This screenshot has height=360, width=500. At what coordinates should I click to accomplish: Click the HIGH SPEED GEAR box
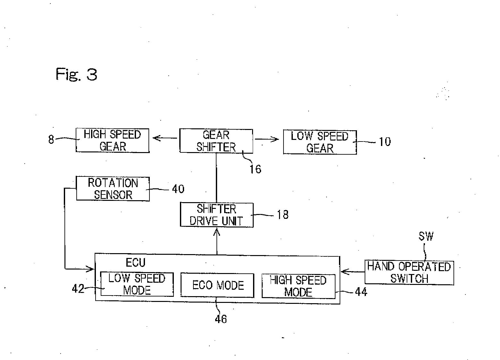pyautogui.click(x=113, y=140)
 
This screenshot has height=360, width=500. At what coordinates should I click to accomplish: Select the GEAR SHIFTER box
pyautogui.click(x=216, y=141)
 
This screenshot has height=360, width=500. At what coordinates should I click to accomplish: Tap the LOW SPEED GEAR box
pyautogui.click(x=320, y=142)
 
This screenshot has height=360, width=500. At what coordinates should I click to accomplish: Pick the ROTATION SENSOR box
pyautogui.click(x=113, y=189)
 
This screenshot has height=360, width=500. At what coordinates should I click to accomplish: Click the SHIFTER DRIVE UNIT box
pyautogui.click(x=216, y=215)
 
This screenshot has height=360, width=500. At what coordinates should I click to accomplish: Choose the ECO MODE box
pyautogui.click(x=217, y=285)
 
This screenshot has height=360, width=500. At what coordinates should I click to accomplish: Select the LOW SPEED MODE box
pyautogui.click(x=137, y=284)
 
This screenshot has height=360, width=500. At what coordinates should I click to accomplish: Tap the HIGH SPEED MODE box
pyautogui.click(x=298, y=286)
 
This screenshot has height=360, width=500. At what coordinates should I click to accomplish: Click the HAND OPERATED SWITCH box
pyautogui.click(x=409, y=272)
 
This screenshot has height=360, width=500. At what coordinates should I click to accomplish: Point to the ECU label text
pyautogui.click(x=135, y=262)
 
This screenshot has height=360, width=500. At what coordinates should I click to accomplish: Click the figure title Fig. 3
pyautogui.click(x=76, y=74)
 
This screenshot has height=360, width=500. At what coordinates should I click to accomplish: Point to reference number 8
pyautogui.click(x=51, y=140)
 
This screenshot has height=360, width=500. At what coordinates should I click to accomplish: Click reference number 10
pyautogui.click(x=385, y=141)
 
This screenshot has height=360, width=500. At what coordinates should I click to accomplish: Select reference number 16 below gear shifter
pyautogui.click(x=256, y=169)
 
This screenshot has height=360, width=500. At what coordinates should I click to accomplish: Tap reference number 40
pyautogui.click(x=178, y=189)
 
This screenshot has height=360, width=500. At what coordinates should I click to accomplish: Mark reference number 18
pyautogui.click(x=283, y=215)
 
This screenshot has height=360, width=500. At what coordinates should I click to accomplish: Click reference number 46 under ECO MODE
pyautogui.click(x=221, y=319)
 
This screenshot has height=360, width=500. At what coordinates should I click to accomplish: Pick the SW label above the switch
pyautogui.click(x=426, y=236)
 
